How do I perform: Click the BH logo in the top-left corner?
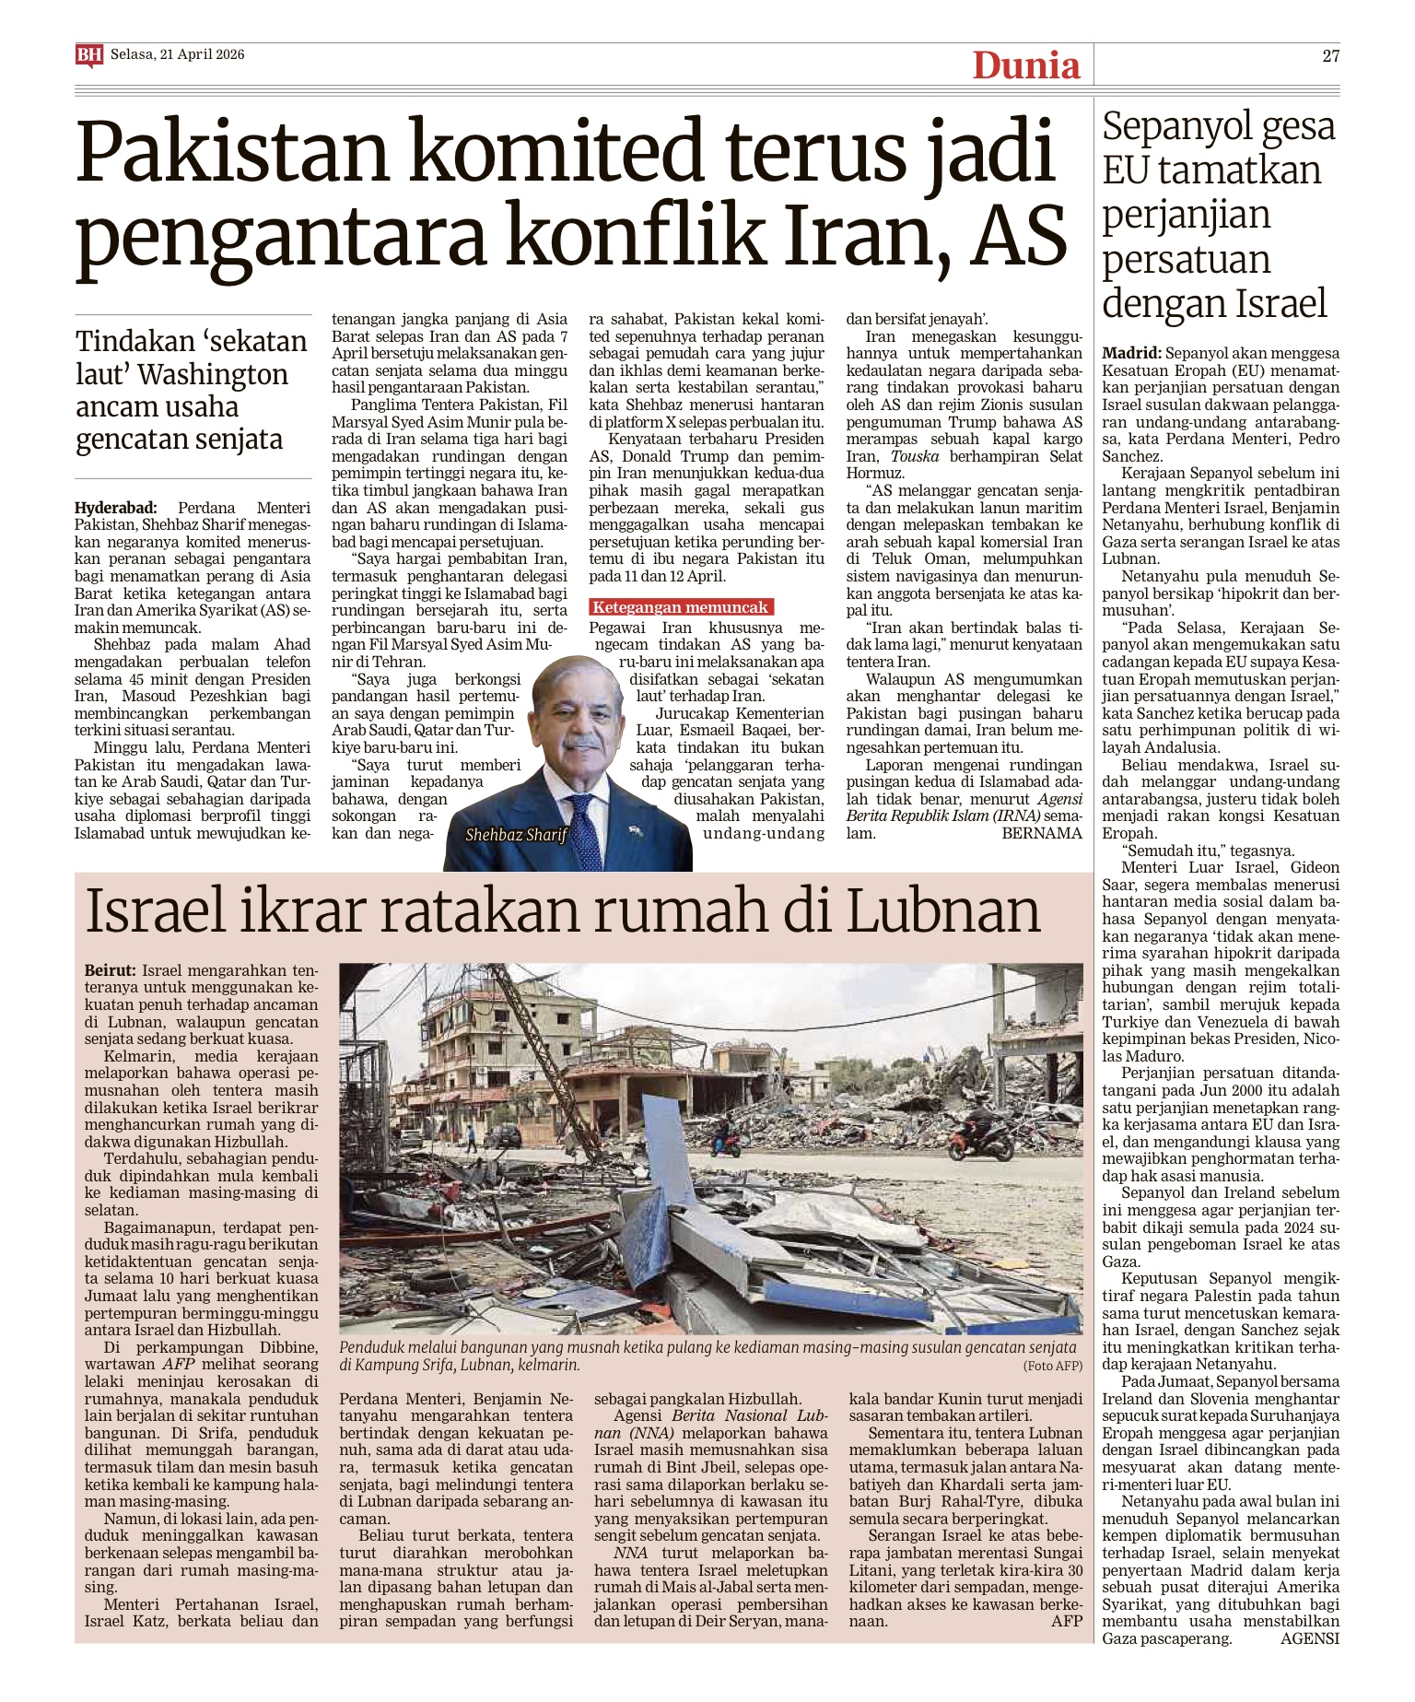click(88, 55)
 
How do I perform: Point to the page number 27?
click(1330, 55)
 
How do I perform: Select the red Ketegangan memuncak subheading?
click(681, 607)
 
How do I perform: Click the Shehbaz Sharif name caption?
click(516, 835)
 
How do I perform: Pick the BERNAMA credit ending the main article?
click(1042, 833)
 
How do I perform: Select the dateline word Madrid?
click(1131, 353)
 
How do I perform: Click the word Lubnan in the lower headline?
click(943, 910)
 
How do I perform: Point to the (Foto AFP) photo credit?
click(1052, 1366)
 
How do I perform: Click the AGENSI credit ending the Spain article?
click(1310, 1638)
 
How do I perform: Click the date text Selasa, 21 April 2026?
click(178, 54)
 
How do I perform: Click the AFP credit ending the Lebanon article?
click(1067, 1620)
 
